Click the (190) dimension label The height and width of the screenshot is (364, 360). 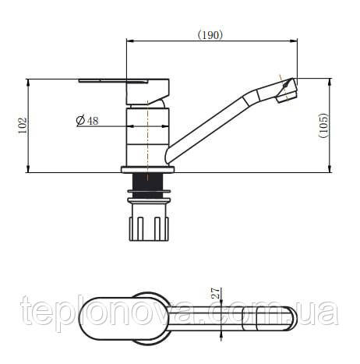click(x=210, y=35)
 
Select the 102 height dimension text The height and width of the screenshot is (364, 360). click(x=23, y=125)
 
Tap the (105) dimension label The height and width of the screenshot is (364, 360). click(x=323, y=125)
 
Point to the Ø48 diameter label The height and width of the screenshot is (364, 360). click(x=87, y=120)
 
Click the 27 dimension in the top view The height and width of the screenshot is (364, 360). click(x=216, y=293)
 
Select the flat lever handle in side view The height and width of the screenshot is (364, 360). click(x=124, y=91)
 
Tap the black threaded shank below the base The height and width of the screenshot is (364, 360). click(x=147, y=186)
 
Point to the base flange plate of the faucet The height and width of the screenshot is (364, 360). click(x=147, y=170)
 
